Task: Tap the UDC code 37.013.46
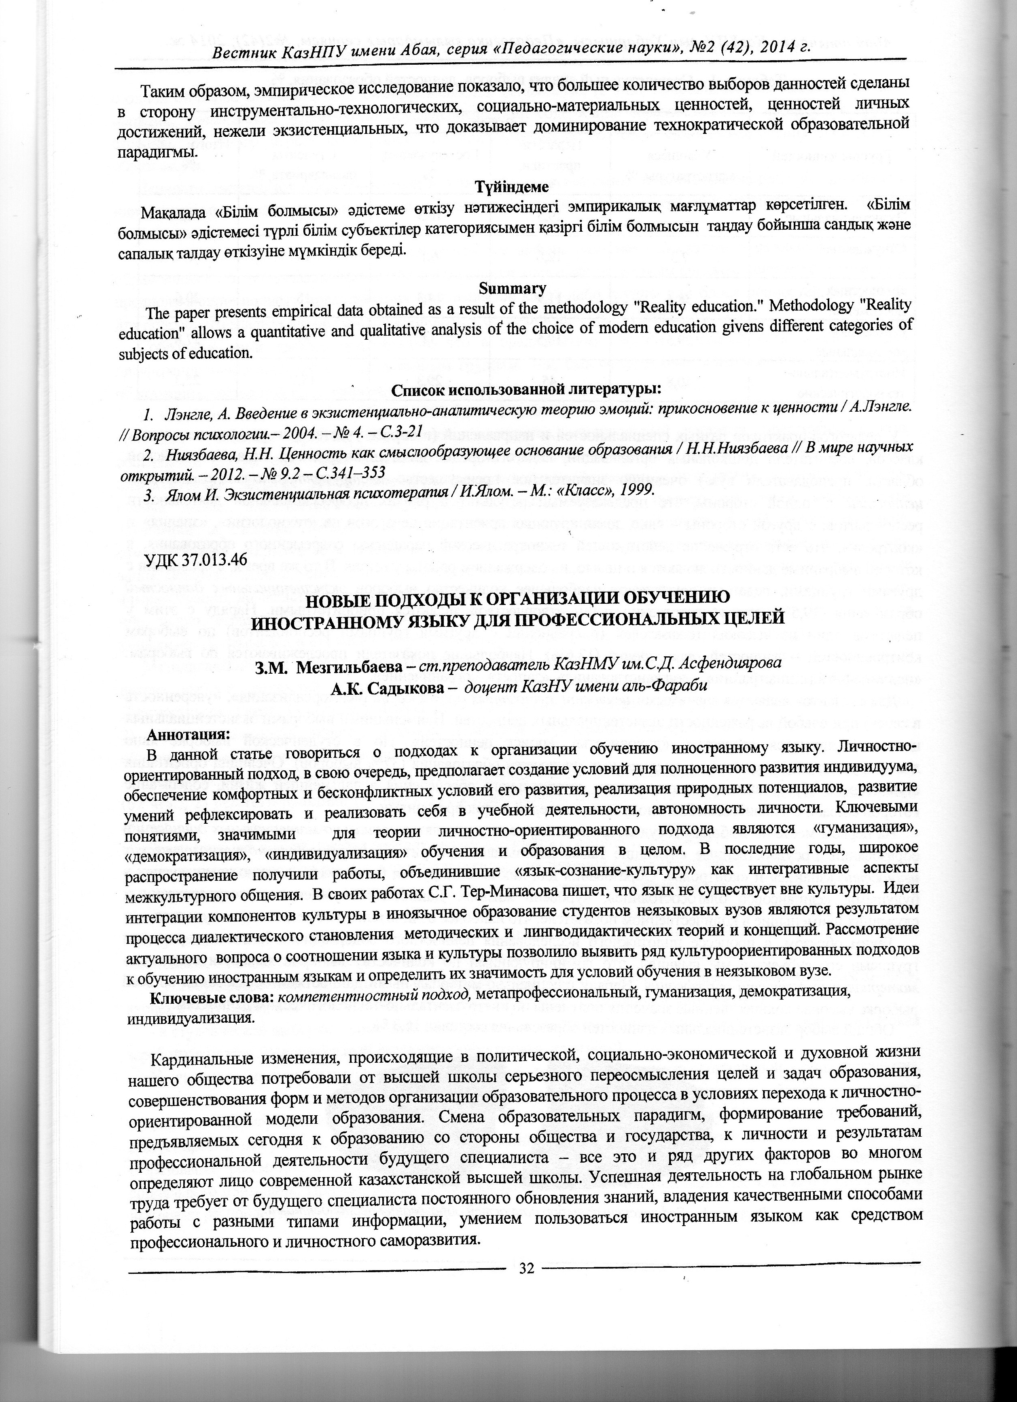pyautogui.click(x=195, y=559)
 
